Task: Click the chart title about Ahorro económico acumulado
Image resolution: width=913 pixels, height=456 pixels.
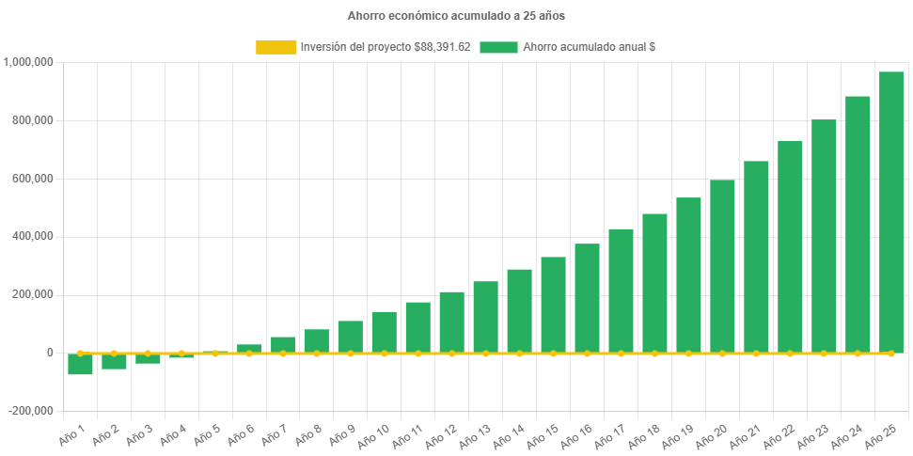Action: point(456,16)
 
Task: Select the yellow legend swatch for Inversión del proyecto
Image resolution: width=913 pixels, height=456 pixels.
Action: point(274,47)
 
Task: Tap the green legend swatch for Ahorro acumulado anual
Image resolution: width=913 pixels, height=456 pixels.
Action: point(498,47)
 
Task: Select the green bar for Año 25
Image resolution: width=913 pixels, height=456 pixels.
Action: point(891,212)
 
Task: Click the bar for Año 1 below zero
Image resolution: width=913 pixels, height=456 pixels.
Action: point(80,364)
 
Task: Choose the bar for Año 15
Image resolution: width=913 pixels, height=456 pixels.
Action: point(553,305)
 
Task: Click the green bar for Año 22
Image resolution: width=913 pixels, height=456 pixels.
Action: point(790,246)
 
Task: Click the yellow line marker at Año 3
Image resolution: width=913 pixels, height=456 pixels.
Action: point(148,354)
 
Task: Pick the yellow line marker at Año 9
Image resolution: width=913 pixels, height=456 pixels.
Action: point(351,354)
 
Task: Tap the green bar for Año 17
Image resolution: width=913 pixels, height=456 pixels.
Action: point(621,291)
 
